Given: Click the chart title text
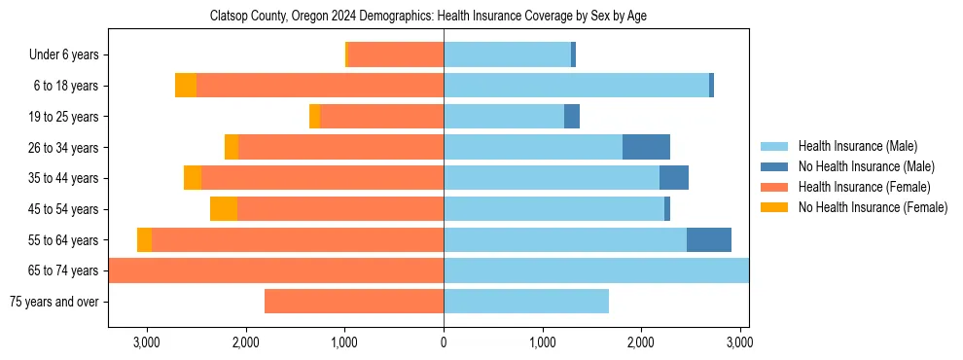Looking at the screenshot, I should pyautogui.click(x=428, y=17).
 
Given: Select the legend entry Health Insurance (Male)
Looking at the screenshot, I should pyautogui.click(x=857, y=146).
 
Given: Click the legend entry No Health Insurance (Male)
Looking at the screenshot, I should pyautogui.click(x=866, y=166).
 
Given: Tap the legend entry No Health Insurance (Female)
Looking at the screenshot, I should pyautogui.click(x=873, y=207).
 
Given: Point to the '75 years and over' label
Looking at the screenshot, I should pyautogui.click(x=53, y=302).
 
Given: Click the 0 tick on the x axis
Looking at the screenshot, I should pyautogui.click(x=444, y=342).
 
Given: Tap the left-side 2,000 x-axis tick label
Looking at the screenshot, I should pyautogui.click(x=245, y=342).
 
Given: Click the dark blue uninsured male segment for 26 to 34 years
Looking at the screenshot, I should pyautogui.click(x=646, y=147).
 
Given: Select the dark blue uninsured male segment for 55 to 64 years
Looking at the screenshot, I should pyautogui.click(x=709, y=240).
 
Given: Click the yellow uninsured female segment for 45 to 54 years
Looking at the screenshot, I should pyautogui.click(x=224, y=209).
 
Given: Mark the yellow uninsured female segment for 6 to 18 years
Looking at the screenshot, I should pyautogui.click(x=186, y=86).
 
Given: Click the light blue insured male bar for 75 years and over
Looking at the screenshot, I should pyautogui.click(x=526, y=302).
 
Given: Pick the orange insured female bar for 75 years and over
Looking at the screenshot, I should pyautogui.click(x=354, y=302).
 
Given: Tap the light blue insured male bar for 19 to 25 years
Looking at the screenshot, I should pyautogui.click(x=504, y=117).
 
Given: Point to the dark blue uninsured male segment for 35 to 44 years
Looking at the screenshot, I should pyautogui.click(x=674, y=178).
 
